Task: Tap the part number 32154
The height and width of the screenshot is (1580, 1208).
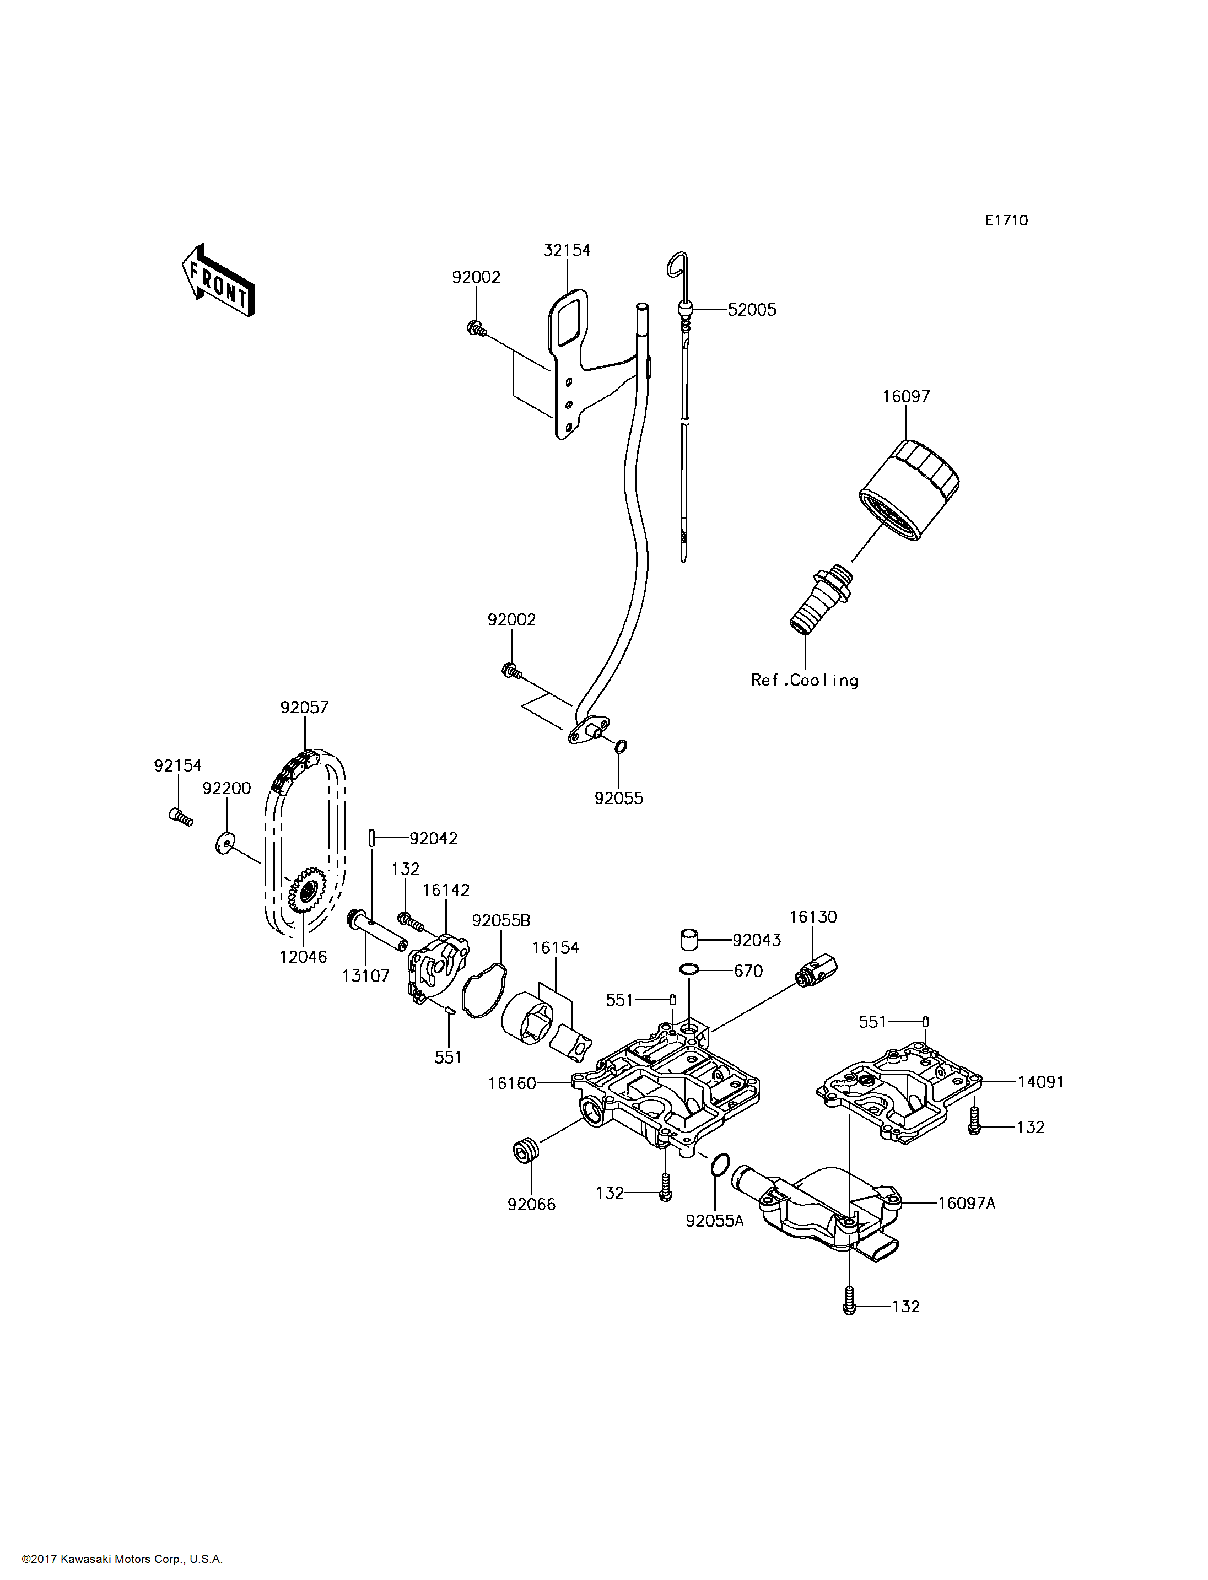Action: tap(567, 250)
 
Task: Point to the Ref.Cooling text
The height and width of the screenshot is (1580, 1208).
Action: tap(804, 680)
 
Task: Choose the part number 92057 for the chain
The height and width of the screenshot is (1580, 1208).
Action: tap(304, 708)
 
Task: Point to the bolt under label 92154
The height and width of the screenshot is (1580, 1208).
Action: tap(180, 816)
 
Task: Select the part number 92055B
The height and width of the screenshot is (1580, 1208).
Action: tap(500, 920)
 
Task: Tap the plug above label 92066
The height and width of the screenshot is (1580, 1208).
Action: tap(526, 1151)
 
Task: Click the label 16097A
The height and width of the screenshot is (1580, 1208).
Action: tap(967, 1203)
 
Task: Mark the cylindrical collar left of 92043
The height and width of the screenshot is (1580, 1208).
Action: tap(689, 939)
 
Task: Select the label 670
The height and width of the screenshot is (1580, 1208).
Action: tap(748, 971)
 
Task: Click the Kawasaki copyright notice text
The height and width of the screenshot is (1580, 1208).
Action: tap(122, 1559)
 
